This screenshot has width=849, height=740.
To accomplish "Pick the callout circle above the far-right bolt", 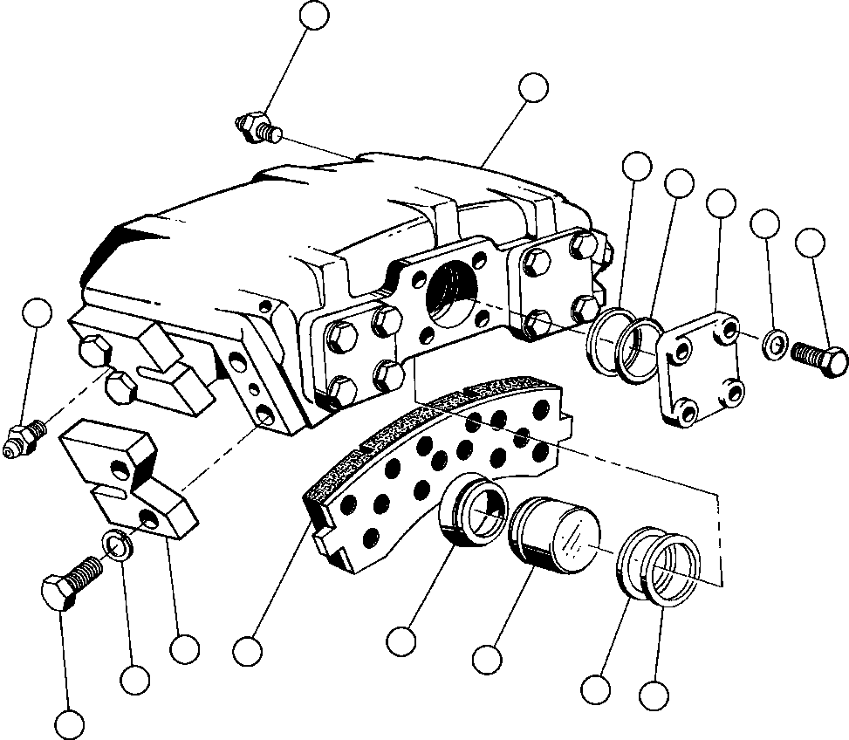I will pos(811,243).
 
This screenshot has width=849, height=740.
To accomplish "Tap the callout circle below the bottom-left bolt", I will pos(69,723).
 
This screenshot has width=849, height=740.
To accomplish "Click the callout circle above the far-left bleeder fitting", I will pos(37,313).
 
